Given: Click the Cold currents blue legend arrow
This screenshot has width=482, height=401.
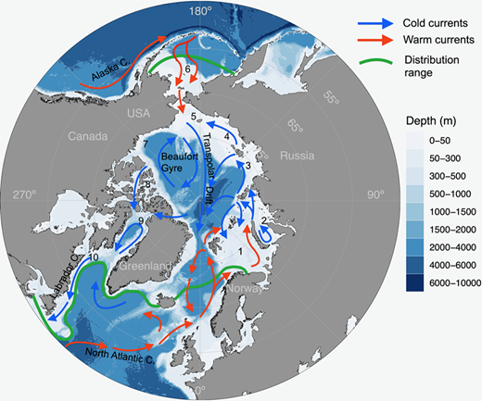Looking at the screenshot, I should (x=362, y=19).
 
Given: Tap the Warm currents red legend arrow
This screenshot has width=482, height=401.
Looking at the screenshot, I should (x=362, y=40).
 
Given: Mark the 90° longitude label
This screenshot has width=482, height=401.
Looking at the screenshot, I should (x=374, y=195).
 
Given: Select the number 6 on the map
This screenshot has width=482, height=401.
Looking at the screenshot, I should (x=187, y=69).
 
